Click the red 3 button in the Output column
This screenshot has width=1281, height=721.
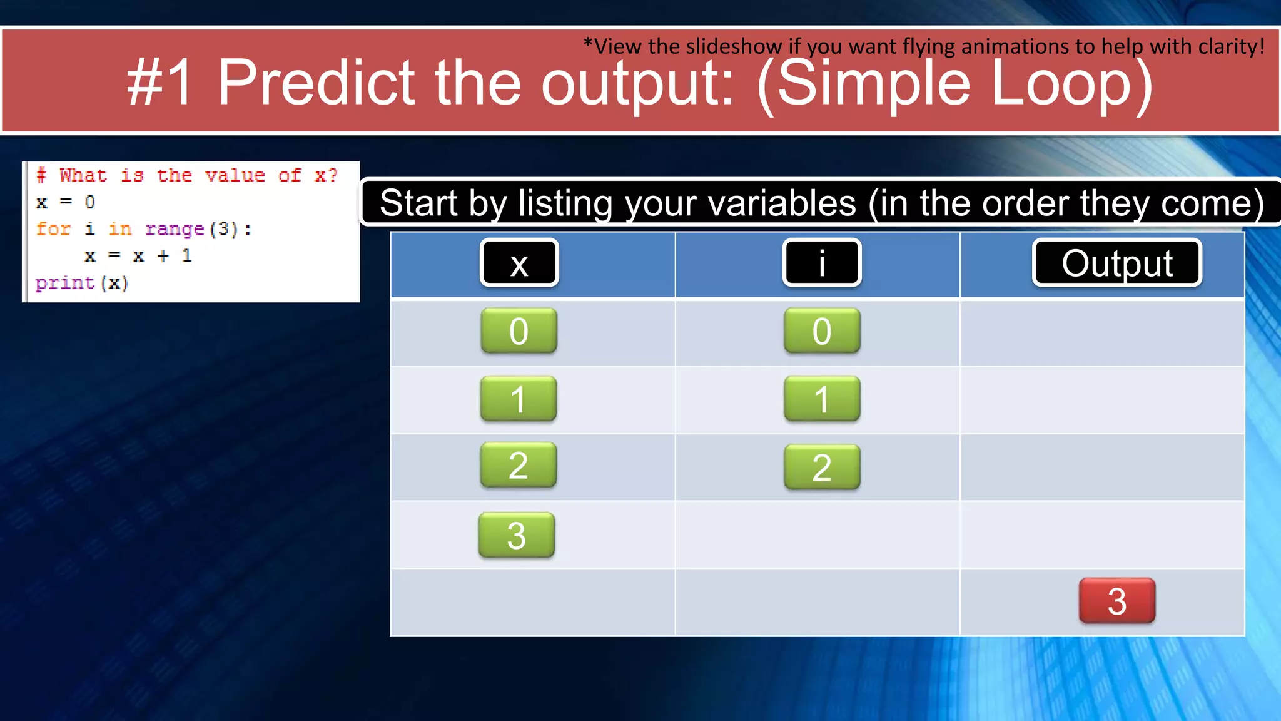[1116, 601]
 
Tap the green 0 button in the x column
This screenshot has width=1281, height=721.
[519, 330]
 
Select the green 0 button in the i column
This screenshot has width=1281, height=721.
[822, 330]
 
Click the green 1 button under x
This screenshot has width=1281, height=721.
[519, 399]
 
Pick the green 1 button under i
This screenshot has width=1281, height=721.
[822, 399]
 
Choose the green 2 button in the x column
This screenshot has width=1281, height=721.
[519, 465]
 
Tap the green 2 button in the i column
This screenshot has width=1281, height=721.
[822, 467]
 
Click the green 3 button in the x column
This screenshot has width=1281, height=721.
[517, 535]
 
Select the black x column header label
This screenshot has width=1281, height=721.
[519, 263]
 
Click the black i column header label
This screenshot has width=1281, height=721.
[822, 263]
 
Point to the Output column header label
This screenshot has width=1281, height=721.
[1117, 263]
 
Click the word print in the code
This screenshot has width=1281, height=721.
[64, 284]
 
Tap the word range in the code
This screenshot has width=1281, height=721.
[175, 230]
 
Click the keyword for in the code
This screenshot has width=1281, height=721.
[53, 229]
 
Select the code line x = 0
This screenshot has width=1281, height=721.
[65, 202]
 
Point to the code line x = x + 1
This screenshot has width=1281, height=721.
[138, 256]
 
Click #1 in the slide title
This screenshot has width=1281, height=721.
[160, 83]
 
